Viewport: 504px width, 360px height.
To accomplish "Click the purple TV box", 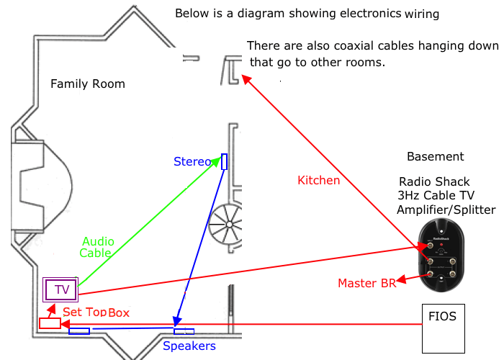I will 61,290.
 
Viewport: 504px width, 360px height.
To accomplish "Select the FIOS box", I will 442,326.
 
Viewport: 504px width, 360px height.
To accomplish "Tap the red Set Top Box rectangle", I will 50,323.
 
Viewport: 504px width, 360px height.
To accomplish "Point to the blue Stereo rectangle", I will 224,162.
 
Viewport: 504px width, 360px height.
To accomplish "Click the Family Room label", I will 87,84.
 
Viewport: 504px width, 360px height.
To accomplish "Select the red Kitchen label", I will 318,181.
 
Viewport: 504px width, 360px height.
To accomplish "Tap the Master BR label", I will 366,283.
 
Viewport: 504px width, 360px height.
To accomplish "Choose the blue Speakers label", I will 189,346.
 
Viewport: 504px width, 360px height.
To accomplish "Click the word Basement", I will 436,157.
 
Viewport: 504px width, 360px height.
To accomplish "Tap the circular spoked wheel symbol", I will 228,225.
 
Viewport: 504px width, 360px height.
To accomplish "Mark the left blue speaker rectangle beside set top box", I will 78,331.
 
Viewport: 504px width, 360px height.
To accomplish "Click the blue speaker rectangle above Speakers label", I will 184,331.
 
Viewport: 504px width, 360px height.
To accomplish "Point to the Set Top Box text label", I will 96,312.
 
